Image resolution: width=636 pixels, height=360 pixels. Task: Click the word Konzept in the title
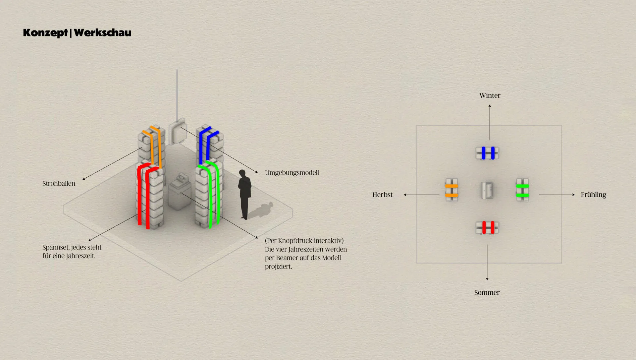click(45, 33)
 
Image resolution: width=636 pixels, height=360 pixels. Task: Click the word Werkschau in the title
click(103, 32)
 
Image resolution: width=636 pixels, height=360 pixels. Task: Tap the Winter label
click(490, 95)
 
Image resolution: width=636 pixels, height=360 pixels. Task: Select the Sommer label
click(487, 292)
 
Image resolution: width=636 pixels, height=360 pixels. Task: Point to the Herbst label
click(382, 195)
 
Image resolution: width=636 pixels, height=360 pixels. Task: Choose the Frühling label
click(593, 195)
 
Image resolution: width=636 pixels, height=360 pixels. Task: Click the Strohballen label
click(59, 183)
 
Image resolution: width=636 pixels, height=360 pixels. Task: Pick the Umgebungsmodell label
click(292, 173)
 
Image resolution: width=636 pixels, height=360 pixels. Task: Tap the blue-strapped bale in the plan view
click(487, 153)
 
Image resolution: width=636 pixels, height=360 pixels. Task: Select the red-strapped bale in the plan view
click(487, 228)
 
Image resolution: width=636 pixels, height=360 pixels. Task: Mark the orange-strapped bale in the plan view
click(451, 190)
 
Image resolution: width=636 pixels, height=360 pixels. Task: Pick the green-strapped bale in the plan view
click(522, 190)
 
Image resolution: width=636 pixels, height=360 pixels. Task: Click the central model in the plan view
click(487, 190)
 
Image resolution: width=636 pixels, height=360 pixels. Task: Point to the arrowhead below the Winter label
click(490, 106)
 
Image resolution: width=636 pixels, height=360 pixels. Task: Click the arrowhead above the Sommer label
click(487, 279)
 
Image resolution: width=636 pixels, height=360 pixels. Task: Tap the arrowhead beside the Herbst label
click(405, 195)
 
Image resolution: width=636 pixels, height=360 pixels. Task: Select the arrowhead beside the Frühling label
click(573, 195)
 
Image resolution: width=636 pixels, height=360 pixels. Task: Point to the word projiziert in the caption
click(278, 267)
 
